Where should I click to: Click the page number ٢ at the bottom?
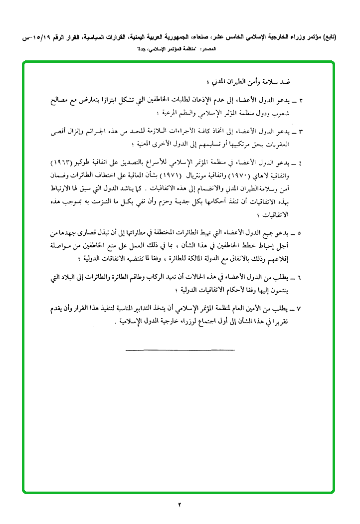pyautogui.click(x=180, y=505)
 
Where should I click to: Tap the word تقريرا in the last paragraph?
pyautogui.click(x=289, y=322)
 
